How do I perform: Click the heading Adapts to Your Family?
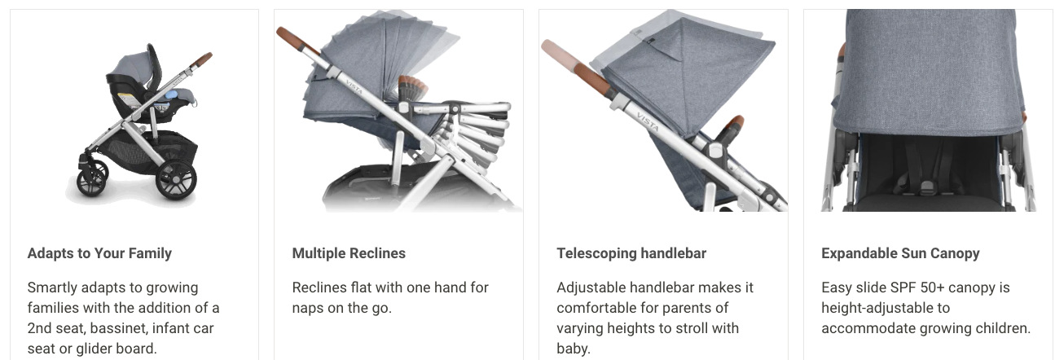pyautogui.click(x=99, y=253)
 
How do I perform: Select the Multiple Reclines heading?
pyautogui.click(x=349, y=253)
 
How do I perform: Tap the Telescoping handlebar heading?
pyautogui.click(x=631, y=253)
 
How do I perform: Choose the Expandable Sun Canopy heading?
pyautogui.click(x=900, y=253)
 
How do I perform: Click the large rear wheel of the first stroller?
pyautogui.click(x=176, y=180)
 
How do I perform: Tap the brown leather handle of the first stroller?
pyautogui.click(x=201, y=59)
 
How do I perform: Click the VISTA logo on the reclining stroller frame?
pyautogui.click(x=354, y=86)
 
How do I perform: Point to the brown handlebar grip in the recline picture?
pyautogui.click(x=297, y=41)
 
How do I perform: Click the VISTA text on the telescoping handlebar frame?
pyautogui.click(x=648, y=122)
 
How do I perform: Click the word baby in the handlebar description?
pyautogui.click(x=574, y=349)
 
